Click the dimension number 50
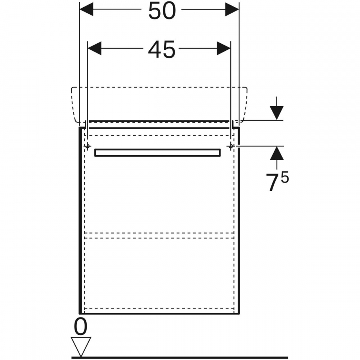(x=162, y=11)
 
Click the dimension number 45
(x=162, y=49)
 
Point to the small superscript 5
(x=285, y=177)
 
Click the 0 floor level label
(x=81, y=327)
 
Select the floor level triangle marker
(x=81, y=346)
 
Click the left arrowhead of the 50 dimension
(x=86, y=9)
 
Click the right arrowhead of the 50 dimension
(x=232, y=9)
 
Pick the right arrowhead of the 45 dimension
(x=224, y=49)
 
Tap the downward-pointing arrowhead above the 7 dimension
(x=276, y=113)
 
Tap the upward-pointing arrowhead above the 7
(x=276, y=153)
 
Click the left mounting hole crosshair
(x=87, y=146)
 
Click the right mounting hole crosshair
(x=231, y=146)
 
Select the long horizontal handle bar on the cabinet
(x=158, y=153)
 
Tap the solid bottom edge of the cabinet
(x=159, y=313)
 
